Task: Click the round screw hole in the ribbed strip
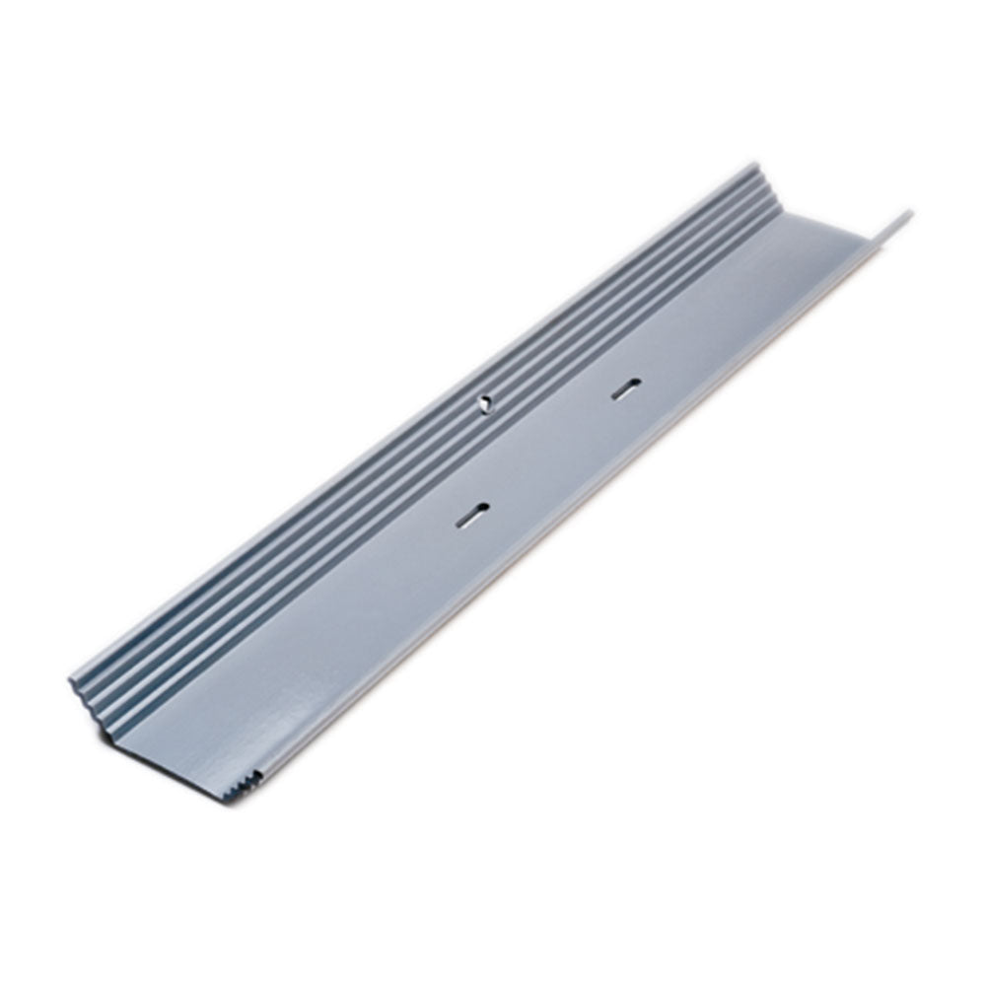tap(483, 401)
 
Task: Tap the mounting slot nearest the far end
tap(625, 389)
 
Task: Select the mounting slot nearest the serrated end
tap(472, 515)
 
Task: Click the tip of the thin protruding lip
tap(906, 214)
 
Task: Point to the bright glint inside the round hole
tap(484, 400)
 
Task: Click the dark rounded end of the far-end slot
tap(635, 384)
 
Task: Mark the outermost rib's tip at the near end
tap(72, 680)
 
